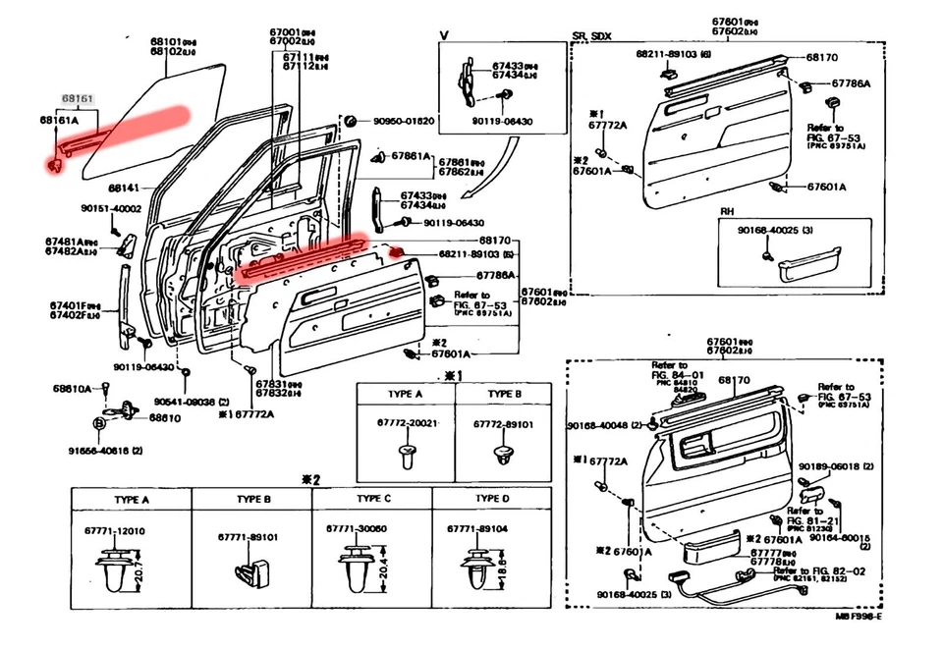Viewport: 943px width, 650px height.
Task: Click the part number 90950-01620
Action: (x=403, y=121)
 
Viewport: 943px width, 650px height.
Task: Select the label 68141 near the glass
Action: (x=124, y=187)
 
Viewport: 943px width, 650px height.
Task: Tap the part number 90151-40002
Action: (x=112, y=208)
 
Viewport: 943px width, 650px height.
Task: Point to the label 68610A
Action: (x=73, y=388)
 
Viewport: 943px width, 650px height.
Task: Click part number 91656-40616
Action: (x=105, y=450)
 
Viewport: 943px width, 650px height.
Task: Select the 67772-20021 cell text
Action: (x=406, y=423)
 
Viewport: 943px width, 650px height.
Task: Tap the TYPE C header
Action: (x=373, y=499)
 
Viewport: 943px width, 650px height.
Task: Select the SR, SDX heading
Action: (x=591, y=37)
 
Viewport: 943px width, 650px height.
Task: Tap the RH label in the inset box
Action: (x=727, y=212)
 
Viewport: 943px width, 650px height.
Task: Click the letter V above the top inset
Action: (x=443, y=35)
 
